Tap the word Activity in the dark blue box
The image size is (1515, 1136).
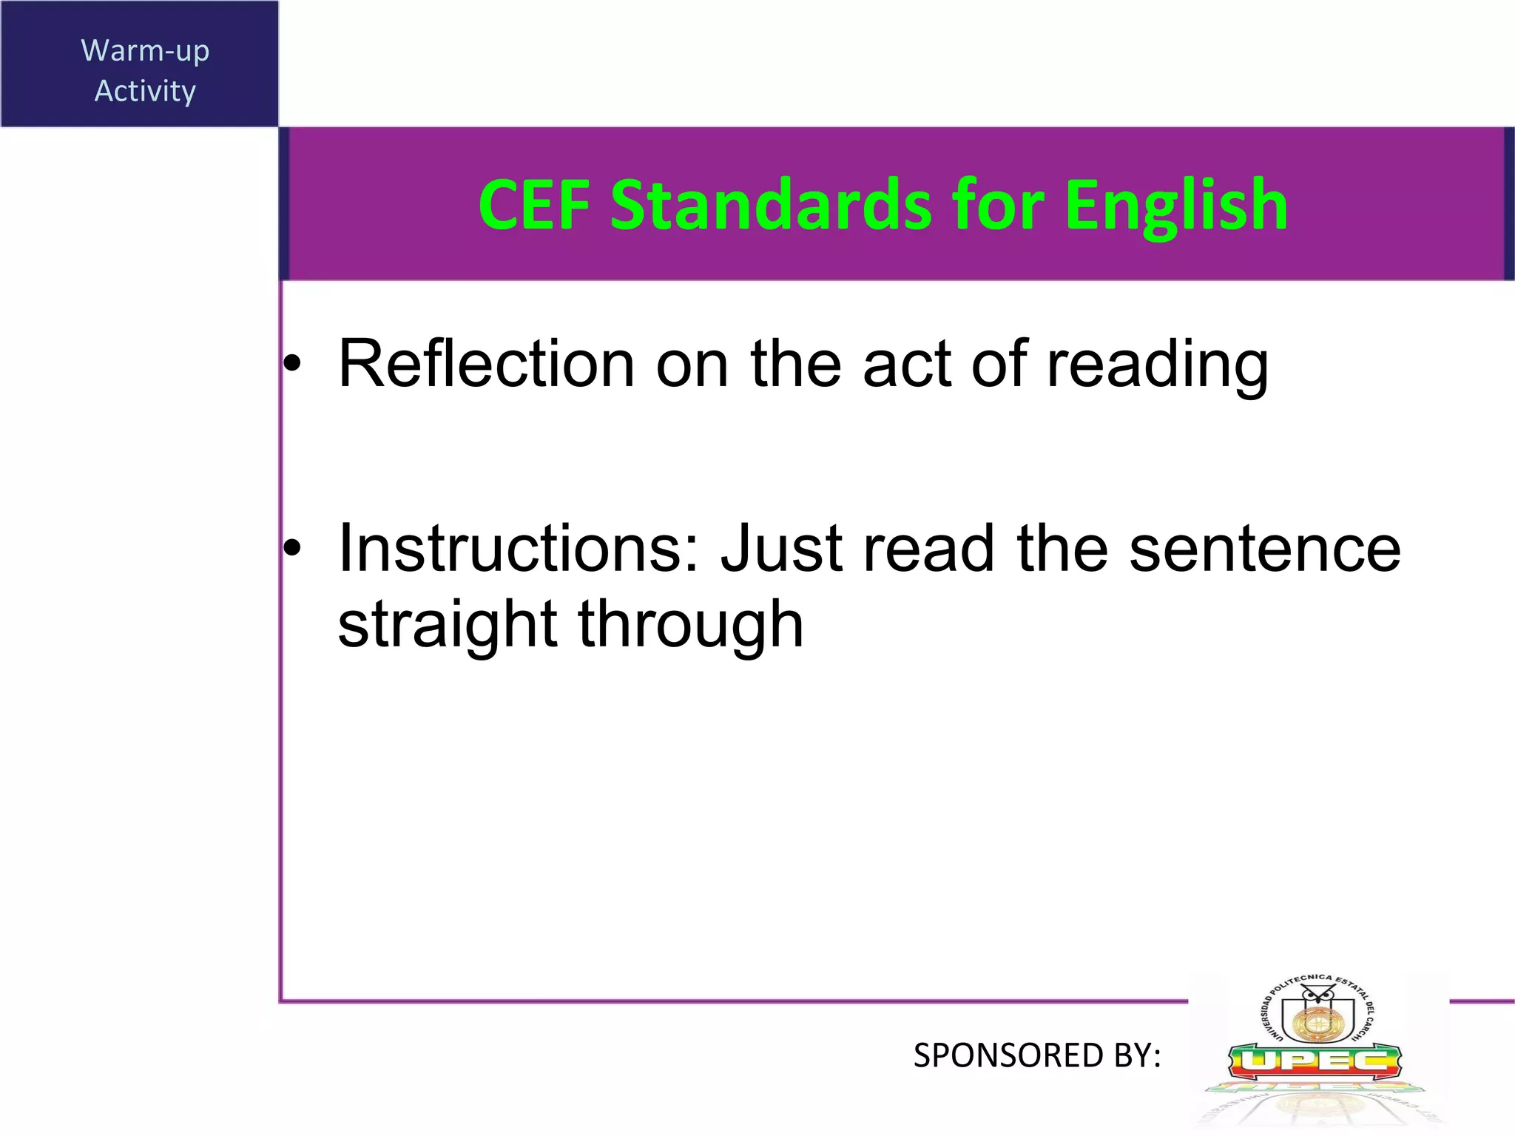click(145, 92)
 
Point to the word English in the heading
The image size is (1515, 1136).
click(1176, 207)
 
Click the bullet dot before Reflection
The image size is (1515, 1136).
click(294, 364)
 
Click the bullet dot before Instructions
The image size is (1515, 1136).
click(294, 548)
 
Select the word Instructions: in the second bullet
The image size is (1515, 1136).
click(519, 548)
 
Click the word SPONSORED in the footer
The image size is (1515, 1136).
click(1008, 1055)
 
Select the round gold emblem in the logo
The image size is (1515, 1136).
click(1316, 1022)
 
